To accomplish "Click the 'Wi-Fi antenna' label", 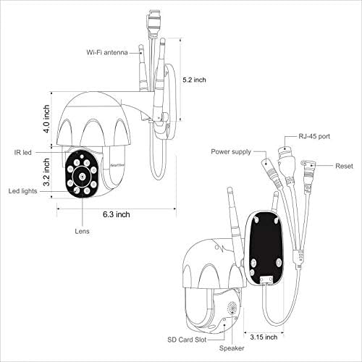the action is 107,52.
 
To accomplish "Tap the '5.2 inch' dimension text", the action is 194,80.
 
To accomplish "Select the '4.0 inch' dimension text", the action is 46,119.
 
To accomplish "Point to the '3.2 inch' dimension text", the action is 46,172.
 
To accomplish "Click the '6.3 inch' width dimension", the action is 117,214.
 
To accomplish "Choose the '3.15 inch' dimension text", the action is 264,337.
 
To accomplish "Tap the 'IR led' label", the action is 22,153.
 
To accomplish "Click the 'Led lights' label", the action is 22,191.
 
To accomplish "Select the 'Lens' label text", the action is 82,231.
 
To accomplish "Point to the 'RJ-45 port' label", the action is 314,136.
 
